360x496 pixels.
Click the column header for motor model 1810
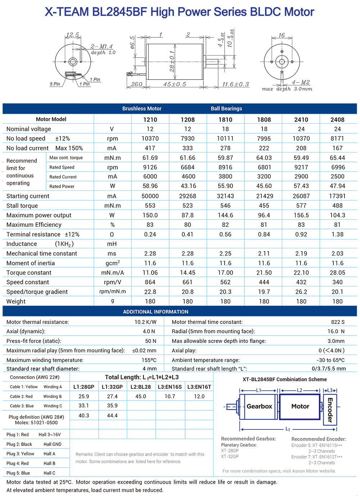225,120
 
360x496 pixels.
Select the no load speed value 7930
188,139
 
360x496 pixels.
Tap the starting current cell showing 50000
150,196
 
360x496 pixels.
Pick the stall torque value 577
301,206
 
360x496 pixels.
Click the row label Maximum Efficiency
34,225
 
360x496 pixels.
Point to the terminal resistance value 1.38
337,234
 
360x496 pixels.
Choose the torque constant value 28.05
337,273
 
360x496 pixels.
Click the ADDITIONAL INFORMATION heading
156,312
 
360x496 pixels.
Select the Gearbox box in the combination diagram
259,406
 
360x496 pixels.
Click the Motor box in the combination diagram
300,406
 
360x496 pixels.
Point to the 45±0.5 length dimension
175,85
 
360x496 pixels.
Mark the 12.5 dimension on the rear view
72,35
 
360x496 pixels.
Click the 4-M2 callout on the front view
301,82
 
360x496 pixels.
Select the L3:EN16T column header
199,387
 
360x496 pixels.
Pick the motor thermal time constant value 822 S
338,322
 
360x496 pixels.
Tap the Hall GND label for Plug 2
53,444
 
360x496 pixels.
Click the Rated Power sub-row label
62,186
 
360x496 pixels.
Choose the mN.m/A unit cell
112,273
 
